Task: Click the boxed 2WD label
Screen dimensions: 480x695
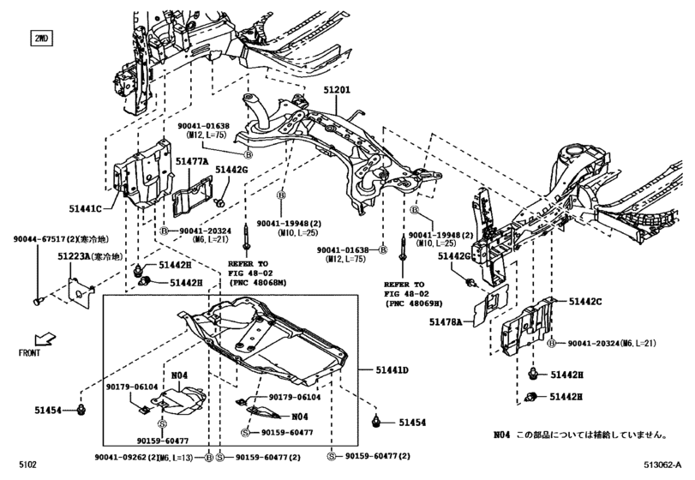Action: click(x=40, y=39)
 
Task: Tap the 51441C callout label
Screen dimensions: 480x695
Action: click(x=86, y=208)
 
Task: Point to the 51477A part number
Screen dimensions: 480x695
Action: click(x=192, y=160)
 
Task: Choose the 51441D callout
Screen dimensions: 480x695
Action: click(x=391, y=370)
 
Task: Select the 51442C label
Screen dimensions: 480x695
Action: click(x=586, y=301)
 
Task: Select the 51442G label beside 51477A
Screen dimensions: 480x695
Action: click(x=231, y=171)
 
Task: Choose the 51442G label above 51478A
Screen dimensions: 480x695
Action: click(x=454, y=255)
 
